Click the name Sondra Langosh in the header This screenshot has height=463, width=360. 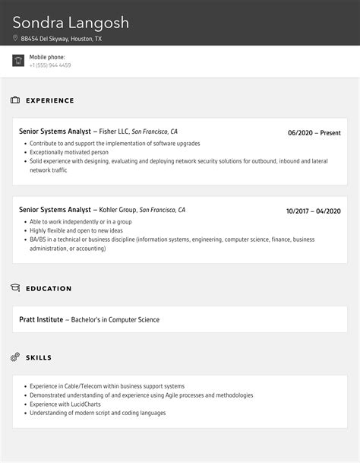pyautogui.click(x=71, y=22)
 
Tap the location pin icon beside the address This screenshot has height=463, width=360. pyautogui.click(x=15, y=38)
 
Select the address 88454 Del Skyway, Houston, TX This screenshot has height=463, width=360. pyautogui.click(x=62, y=38)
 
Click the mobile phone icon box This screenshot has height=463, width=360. pyautogui.click(x=18, y=61)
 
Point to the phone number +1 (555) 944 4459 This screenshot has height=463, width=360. pyautogui.click(x=50, y=65)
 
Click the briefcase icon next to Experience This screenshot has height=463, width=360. pyautogui.click(x=15, y=100)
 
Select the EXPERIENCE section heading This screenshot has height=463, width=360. pyautogui.click(x=50, y=100)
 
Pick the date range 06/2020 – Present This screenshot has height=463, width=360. pyautogui.click(x=314, y=133)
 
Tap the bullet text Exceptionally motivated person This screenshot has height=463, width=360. pyautogui.click(x=68, y=152)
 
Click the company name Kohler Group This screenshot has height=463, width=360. pyautogui.click(x=118, y=210)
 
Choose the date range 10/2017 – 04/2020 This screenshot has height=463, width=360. pyautogui.click(x=313, y=211)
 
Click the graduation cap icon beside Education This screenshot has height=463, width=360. pyautogui.click(x=15, y=288)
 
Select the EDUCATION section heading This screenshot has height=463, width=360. pyautogui.click(x=49, y=289)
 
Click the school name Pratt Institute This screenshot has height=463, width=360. pyautogui.click(x=41, y=319)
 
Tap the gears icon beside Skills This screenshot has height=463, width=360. pyautogui.click(x=15, y=357)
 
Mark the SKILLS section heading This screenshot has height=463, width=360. pyautogui.click(x=39, y=357)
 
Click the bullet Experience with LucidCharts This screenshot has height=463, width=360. pyautogui.click(x=69, y=404)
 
